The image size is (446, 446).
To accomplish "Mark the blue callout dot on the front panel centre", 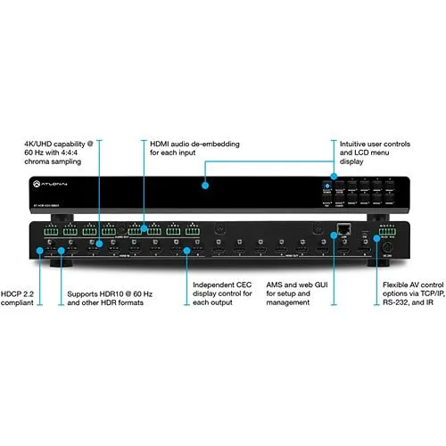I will click(x=205, y=186).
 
